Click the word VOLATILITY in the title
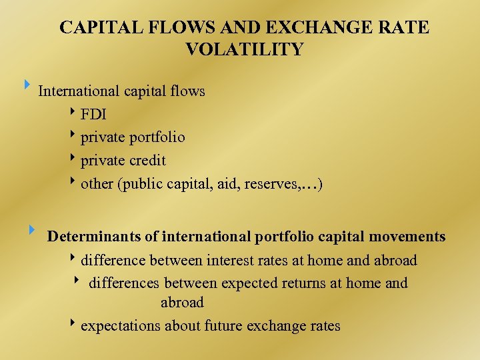coord(244,49)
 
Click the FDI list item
coord(93,114)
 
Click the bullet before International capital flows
coord(27,85)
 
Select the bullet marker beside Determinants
coord(31,230)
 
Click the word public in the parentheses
coord(142,184)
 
